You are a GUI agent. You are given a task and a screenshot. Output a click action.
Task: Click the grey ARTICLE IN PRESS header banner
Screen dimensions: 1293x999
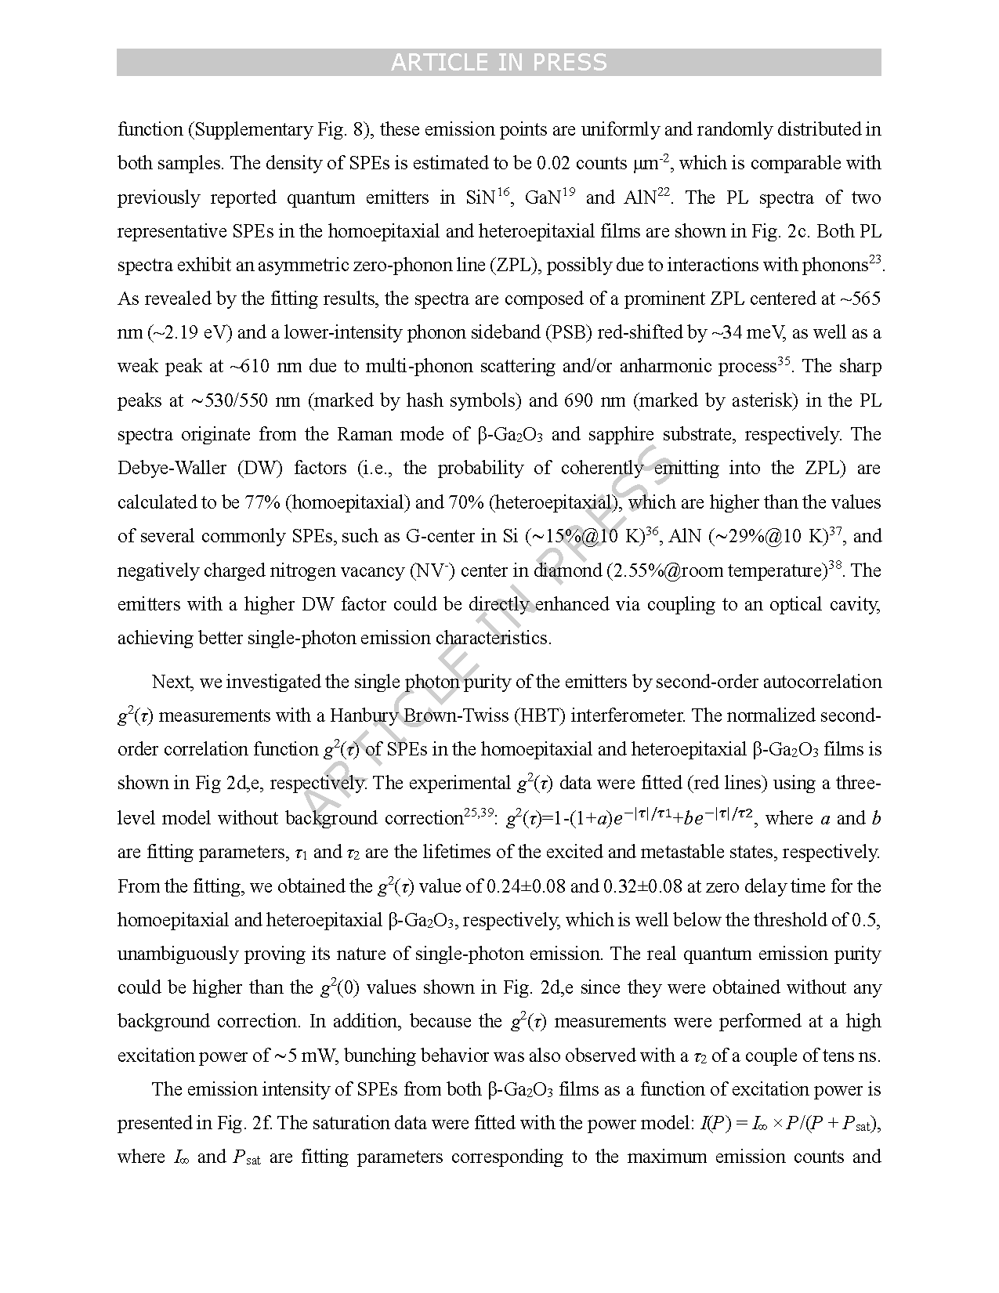coord(498,63)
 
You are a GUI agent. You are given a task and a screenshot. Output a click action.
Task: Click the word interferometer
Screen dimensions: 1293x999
coord(621,716)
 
